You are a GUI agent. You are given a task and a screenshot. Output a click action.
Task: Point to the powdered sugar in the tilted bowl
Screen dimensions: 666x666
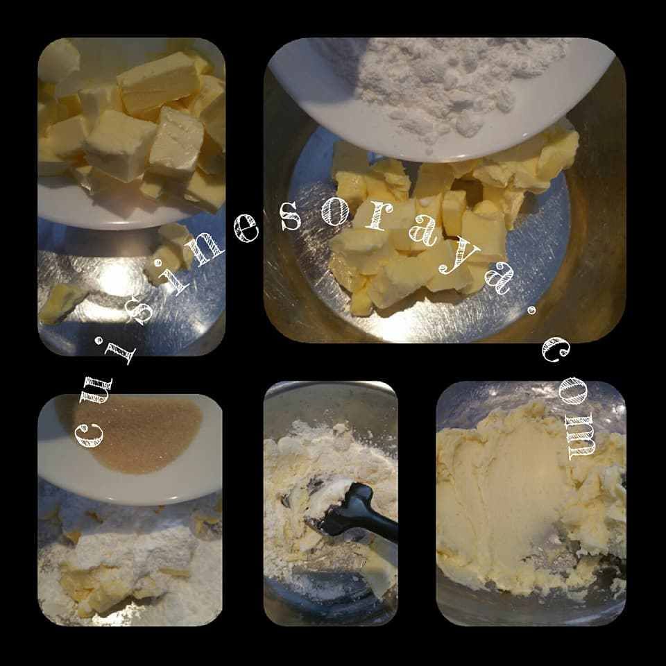coord(442,85)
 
